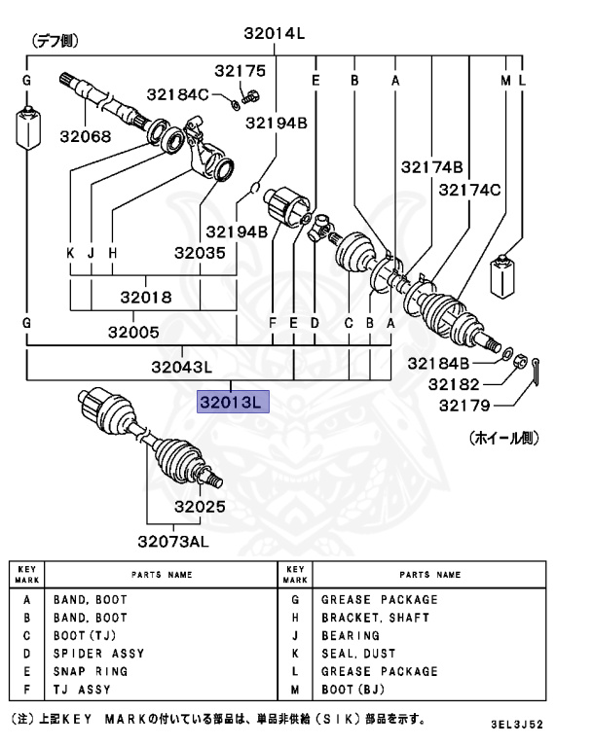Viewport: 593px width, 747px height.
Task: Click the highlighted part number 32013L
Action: [x=232, y=401]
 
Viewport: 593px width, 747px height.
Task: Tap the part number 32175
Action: [x=240, y=71]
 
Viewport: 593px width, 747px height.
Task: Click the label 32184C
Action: [x=177, y=94]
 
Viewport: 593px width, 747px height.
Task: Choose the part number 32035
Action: [x=200, y=253]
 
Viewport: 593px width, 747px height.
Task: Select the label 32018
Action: [x=145, y=297]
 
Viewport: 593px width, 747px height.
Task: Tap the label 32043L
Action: [x=182, y=367]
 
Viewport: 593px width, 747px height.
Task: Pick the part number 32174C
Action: [x=469, y=190]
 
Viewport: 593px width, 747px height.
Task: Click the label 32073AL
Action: [x=172, y=541]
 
